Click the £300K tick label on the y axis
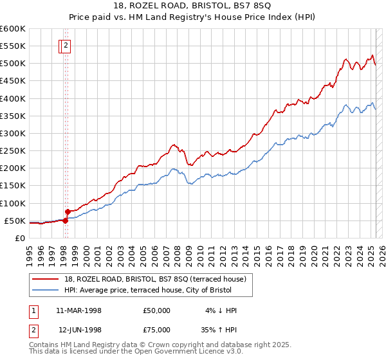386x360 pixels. [13, 133]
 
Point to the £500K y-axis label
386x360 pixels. [13, 63]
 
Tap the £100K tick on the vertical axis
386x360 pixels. [13, 203]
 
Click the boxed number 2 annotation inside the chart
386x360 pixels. [66, 45]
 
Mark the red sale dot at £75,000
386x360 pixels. [68, 211]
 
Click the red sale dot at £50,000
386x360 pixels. [65, 221]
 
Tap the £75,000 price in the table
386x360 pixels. [157, 330]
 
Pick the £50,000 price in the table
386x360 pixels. [157, 310]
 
